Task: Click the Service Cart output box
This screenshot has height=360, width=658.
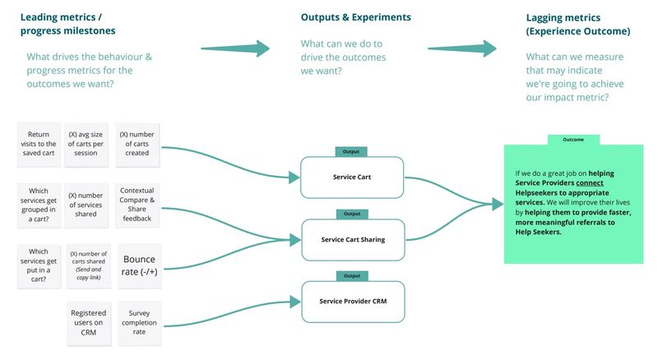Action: click(352, 177)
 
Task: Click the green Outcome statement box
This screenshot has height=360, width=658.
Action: click(573, 203)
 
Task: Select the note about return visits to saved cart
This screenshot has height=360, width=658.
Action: click(39, 145)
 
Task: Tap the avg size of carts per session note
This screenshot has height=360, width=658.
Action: click(88, 145)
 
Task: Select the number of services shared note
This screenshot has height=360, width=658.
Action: click(88, 203)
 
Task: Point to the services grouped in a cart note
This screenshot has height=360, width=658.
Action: click(39, 203)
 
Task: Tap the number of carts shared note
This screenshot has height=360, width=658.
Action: click(88, 265)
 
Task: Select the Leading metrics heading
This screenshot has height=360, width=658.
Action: click(62, 24)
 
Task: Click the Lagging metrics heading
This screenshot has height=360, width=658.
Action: click(577, 24)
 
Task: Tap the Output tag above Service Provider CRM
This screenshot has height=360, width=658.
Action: click(351, 275)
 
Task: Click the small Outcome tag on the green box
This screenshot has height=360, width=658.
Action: click(572, 140)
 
